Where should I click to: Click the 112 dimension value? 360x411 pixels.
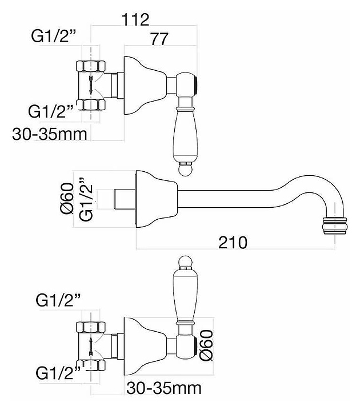coord(135,19)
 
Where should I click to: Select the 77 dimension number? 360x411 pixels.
coord(159,39)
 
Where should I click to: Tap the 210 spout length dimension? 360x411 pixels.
coord(233,243)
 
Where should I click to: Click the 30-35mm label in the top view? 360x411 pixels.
coord(50,135)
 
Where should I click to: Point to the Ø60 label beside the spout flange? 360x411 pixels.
coord(66,198)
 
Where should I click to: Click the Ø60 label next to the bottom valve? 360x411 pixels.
coord(206,345)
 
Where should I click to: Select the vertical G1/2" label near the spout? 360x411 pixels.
coord(86,199)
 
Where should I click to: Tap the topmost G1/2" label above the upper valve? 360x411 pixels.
coord(54,36)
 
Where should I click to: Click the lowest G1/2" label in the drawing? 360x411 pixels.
coord(58,373)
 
